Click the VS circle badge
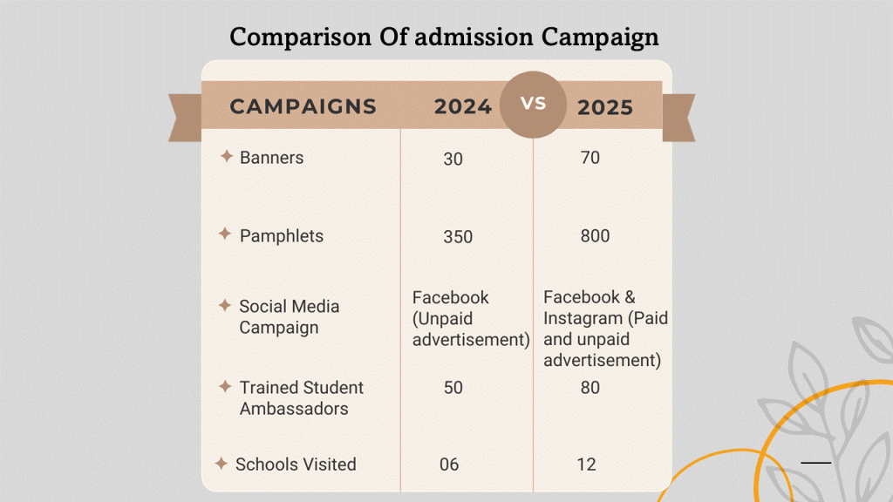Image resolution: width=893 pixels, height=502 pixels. click(533, 104)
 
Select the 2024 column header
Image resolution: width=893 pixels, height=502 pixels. click(463, 107)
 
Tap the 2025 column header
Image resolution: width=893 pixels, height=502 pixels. click(604, 107)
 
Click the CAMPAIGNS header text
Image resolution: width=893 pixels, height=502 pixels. click(303, 107)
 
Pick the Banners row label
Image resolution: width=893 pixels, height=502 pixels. click(271, 158)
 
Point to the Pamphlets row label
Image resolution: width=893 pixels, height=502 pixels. click(281, 236)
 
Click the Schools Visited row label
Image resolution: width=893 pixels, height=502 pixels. click(296, 465)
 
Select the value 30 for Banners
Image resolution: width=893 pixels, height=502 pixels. click(453, 159)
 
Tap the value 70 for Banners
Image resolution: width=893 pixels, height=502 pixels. click(590, 158)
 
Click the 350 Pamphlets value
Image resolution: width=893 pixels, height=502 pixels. click(457, 237)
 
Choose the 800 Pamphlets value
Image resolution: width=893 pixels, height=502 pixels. click(595, 236)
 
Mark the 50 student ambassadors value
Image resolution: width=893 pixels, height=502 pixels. click(453, 388)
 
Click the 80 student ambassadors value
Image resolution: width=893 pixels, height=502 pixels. click(590, 388)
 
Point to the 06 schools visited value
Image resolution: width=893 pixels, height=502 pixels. click(449, 465)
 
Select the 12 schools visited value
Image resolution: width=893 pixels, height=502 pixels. click(586, 465)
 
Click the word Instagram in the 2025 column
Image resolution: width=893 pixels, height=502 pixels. click(580, 318)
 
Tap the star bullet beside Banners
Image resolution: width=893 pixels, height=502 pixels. click(226, 157)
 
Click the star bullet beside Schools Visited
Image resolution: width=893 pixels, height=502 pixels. click(222, 464)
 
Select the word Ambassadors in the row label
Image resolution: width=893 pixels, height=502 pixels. click(293, 409)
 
